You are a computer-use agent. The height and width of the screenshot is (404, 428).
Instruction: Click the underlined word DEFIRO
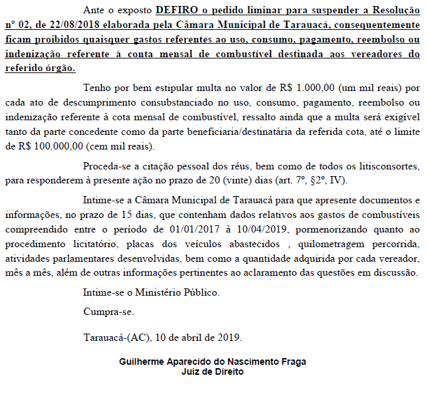pos(176,11)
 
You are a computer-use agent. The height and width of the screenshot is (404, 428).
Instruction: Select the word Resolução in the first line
pos(393,11)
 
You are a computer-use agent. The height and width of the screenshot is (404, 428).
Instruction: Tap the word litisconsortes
pos(385,165)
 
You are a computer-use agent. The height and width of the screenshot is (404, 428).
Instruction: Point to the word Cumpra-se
pos(108,311)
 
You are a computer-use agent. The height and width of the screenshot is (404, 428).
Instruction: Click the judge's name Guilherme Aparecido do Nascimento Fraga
pos(213,362)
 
